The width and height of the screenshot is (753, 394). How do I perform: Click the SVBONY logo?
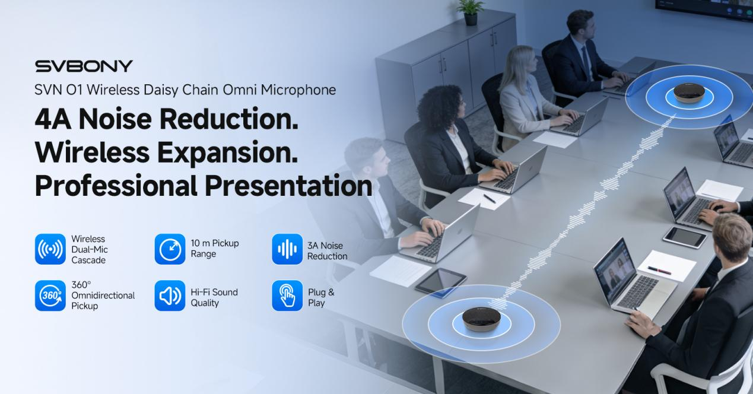tap(84, 66)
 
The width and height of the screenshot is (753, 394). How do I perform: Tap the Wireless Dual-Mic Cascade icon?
tap(50, 249)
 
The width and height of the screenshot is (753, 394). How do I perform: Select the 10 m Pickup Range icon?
tap(170, 249)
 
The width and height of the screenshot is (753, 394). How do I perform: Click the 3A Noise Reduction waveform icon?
tap(287, 249)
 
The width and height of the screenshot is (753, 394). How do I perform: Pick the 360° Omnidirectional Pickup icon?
tap(50, 295)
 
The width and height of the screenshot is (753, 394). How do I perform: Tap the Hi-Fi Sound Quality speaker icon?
tap(170, 295)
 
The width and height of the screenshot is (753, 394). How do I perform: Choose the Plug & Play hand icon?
tap(287, 295)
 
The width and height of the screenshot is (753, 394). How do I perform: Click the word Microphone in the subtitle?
tap(298, 90)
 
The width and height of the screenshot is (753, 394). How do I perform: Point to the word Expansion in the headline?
tap(227, 153)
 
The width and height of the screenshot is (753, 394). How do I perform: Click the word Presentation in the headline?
tap(288, 186)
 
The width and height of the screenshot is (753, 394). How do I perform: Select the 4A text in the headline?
tap(53, 119)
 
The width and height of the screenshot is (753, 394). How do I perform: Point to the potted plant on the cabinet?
tap(470, 12)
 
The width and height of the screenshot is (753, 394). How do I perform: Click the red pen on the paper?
tap(659, 271)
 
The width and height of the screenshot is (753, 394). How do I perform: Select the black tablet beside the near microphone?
tap(441, 281)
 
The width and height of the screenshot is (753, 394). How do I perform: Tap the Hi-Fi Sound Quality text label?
tap(214, 297)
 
